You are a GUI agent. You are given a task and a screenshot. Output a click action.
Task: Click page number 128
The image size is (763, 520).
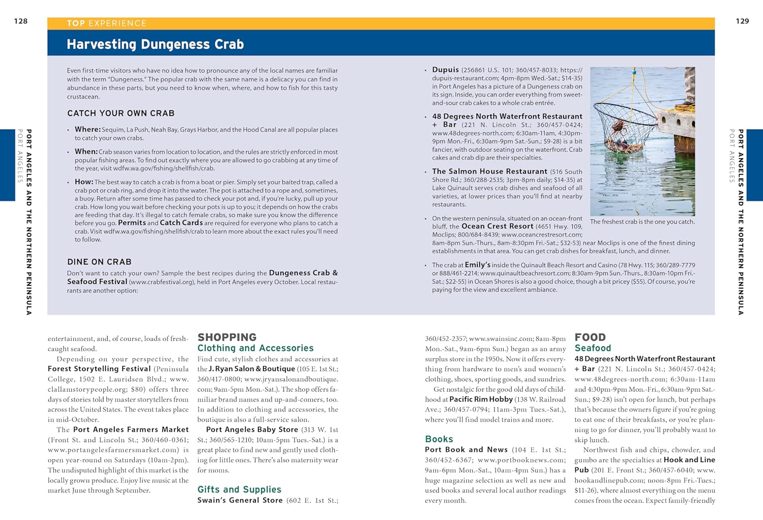point(21,21)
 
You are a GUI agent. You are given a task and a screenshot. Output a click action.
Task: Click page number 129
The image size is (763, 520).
point(742,21)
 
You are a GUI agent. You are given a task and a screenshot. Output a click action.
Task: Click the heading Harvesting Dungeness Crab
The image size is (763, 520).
point(155,44)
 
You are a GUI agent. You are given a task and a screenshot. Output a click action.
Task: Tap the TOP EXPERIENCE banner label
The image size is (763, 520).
point(106,23)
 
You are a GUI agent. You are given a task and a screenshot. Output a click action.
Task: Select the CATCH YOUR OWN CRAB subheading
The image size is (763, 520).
point(121,113)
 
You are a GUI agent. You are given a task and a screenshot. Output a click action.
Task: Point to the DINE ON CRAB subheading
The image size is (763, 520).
point(99,262)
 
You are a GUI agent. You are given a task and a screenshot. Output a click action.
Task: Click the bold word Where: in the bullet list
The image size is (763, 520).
point(87,130)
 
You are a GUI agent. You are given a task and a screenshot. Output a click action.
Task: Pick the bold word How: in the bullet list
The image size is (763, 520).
point(84,182)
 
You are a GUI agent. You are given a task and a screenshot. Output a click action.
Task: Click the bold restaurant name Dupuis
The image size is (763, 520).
point(446,70)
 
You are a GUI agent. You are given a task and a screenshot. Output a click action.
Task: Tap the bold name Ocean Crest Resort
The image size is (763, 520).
point(497,226)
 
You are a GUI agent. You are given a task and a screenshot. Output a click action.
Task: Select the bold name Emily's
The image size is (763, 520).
point(477,265)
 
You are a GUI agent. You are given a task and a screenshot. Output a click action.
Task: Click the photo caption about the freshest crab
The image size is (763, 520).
point(642,222)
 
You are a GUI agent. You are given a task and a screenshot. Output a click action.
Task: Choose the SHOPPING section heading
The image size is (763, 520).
point(227,337)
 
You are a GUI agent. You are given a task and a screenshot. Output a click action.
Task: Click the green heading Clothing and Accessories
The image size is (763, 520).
point(255,348)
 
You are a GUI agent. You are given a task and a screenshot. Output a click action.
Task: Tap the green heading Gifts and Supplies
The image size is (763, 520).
point(239,489)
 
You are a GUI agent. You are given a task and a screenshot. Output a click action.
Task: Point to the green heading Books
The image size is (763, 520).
point(439,439)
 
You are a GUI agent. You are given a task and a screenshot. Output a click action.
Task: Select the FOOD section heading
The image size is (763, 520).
point(590,337)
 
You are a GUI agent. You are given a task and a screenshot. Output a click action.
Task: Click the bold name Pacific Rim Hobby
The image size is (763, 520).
point(481,399)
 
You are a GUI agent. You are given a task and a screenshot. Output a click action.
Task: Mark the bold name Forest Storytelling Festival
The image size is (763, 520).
point(99,369)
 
